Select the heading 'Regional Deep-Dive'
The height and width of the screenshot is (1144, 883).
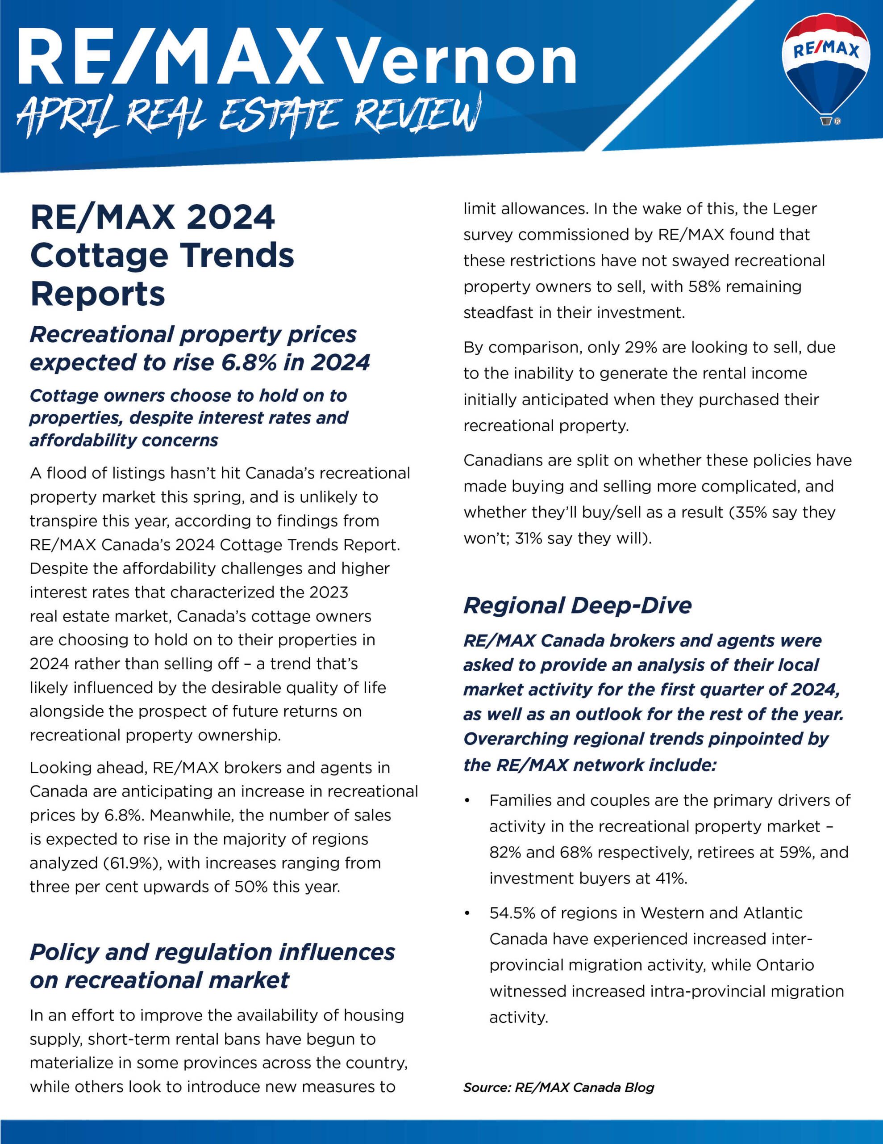pos(577,606)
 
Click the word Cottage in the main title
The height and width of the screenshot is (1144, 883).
pos(97,256)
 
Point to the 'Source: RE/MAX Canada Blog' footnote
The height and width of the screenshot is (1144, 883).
pos(558,1087)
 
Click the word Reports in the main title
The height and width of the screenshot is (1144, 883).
pos(97,294)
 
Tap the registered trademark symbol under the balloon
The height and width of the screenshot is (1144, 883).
pos(837,122)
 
